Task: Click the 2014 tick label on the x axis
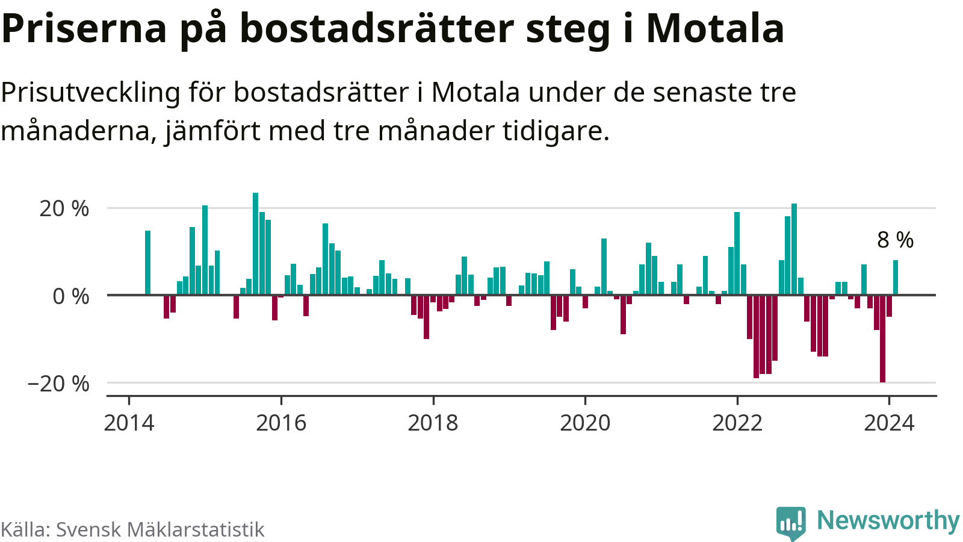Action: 129,423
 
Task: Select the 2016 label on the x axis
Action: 281,423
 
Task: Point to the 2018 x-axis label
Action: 433,423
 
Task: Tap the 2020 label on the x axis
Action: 585,423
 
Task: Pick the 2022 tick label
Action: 737,423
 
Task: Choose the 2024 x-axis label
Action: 889,423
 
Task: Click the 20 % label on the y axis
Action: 64,209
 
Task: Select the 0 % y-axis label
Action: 71,296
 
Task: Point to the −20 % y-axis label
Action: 58,384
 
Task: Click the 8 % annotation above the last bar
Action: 895,240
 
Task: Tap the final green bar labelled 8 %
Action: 896,278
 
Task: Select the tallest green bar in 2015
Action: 255,244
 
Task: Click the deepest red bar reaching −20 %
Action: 882,338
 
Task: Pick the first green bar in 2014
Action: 147,263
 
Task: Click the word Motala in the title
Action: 715,28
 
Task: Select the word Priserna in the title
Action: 84,28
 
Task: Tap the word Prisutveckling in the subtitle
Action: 90,93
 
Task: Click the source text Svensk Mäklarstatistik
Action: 160,529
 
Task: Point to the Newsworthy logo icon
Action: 791,522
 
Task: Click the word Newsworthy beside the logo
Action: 888,520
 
